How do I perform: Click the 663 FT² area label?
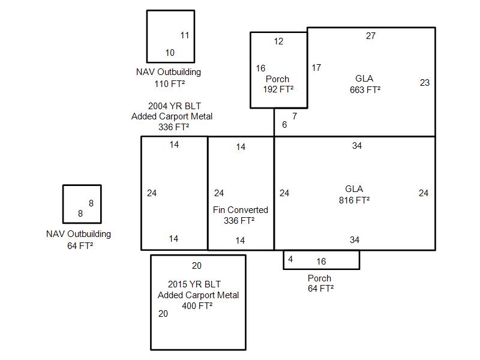click(365, 90)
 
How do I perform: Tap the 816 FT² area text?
click(354, 200)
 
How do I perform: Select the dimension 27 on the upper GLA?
click(371, 36)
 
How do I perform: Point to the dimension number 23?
click(425, 83)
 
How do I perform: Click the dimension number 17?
click(316, 68)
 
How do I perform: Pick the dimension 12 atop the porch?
click(278, 41)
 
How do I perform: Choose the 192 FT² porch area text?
click(278, 89)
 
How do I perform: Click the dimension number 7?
click(295, 116)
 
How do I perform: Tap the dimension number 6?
click(284, 125)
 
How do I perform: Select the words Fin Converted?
click(241, 210)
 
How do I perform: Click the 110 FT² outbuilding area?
click(169, 83)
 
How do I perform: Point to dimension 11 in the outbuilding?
click(185, 35)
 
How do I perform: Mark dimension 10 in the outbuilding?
click(170, 53)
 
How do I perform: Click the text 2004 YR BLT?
click(171, 106)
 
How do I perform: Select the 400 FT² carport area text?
click(198, 306)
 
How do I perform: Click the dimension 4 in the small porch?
click(290, 260)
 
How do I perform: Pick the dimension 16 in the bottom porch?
click(321, 261)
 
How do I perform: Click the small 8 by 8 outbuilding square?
click(82, 204)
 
